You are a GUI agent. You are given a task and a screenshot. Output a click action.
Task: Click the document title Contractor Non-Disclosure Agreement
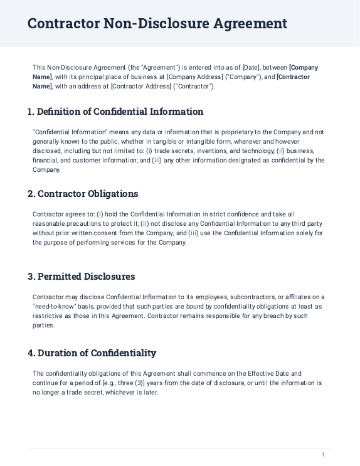click(157, 24)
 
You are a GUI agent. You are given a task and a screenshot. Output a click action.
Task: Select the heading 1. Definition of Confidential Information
click(115, 112)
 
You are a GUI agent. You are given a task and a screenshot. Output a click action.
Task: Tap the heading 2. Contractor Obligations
click(83, 194)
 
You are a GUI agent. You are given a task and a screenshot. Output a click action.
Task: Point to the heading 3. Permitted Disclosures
click(81, 277)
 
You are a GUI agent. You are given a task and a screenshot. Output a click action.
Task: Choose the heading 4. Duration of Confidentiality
click(92, 353)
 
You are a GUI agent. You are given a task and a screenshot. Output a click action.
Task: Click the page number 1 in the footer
click(323, 455)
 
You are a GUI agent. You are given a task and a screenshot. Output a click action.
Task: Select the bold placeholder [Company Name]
click(304, 67)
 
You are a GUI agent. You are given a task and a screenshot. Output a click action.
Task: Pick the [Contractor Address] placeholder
click(141, 87)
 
